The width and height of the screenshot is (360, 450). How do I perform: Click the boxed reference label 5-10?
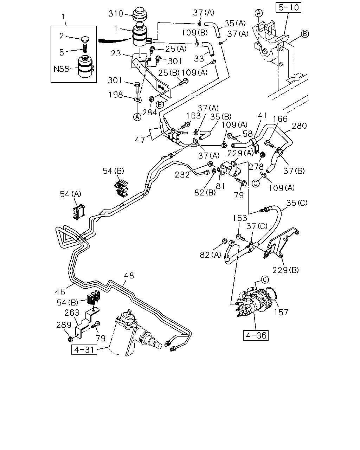click(x=288, y=7)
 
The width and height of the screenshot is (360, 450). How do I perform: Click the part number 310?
click(x=116, y=14)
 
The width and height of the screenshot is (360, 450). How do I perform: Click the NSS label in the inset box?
click(x=61, y=69)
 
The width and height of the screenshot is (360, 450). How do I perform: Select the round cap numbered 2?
click(x=85, y=39)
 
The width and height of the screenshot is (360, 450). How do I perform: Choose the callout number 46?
click(x=60, y=292)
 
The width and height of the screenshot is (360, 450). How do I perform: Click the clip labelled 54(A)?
click(x=79, y=211)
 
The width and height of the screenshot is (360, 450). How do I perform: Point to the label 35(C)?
click(x=297, y=203)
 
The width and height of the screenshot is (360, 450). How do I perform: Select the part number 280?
click(x=299, y=126)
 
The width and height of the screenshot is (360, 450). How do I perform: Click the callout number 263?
click(x=72, y=313)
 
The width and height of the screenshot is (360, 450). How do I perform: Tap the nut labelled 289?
click(x=71, y=338)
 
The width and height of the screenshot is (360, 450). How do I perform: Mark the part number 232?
click(x=182, y=175)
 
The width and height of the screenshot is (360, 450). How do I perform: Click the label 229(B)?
click(x=285, y=270)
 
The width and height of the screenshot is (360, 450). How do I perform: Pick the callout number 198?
click(x=115, y=95)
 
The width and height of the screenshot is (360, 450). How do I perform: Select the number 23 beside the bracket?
click(x=116, y=53)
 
